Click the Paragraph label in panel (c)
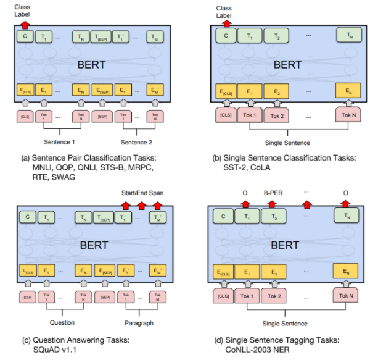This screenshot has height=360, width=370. pos(139,322)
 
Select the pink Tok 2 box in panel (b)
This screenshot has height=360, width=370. pos(276,115)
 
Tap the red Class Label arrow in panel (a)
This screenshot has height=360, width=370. pos(25,24)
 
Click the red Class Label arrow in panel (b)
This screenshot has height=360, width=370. pos(227,23)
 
